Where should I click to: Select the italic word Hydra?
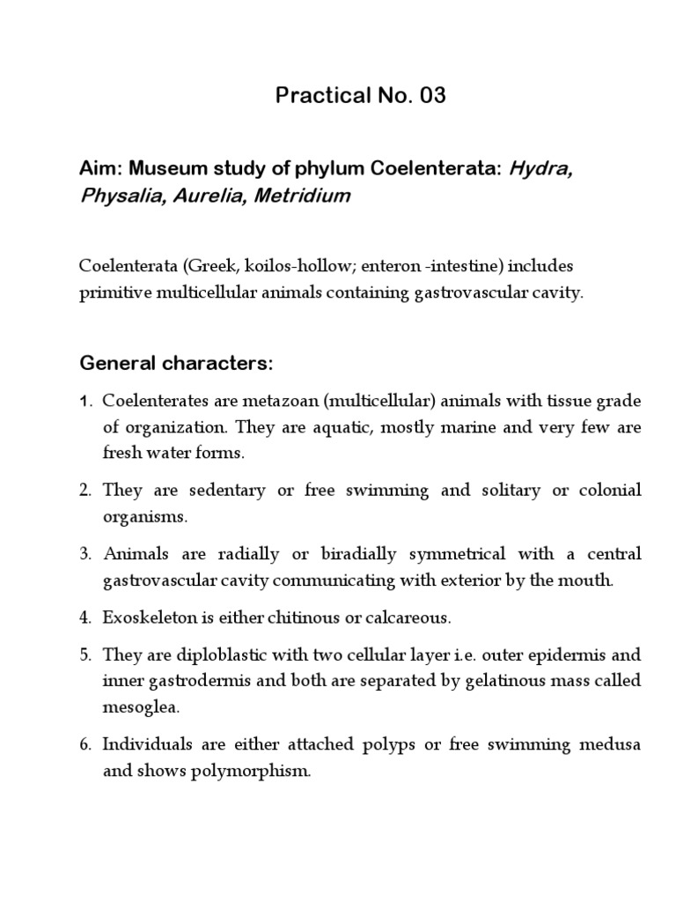click(x=540, y=170)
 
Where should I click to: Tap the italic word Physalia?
click(x=114, y=196)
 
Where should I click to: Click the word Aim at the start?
click(x=96, y=170)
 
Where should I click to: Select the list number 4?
click(x=85, y=618)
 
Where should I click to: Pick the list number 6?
click(x=85, y=745)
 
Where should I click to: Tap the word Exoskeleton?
click(x=144, y=618)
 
